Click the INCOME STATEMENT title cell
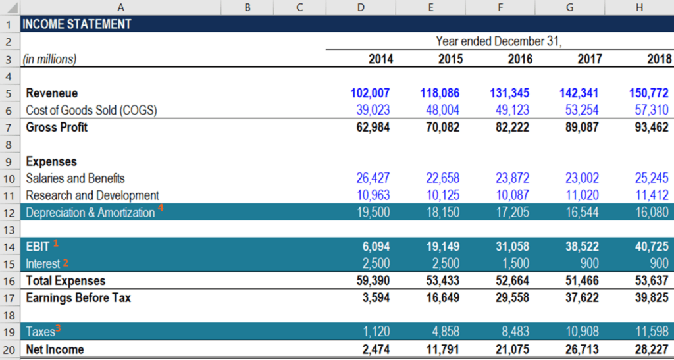(77, 24)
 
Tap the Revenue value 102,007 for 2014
(371, 93)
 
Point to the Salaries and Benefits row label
(75, 178)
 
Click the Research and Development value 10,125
(441, 195)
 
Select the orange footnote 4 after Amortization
(161, 209)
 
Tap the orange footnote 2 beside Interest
(65, 261)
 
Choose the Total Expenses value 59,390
(373, 281)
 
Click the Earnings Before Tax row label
(78, 298)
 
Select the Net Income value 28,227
(649, 349)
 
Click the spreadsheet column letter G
(569, 7)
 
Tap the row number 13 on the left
(10, 230)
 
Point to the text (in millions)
(49, 59)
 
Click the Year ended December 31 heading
(499, 41)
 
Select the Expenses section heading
(51, 161)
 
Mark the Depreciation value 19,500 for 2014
(373, 213)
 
